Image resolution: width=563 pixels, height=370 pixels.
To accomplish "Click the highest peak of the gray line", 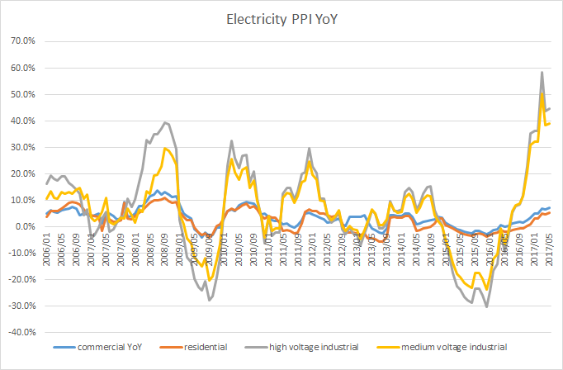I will pos(542,72).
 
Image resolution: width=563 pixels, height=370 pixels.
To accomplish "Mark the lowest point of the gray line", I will pos(487,306).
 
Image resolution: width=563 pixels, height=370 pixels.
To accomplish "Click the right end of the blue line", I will pos(550,207).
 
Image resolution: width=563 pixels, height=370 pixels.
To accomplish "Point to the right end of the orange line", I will pos(550,212).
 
